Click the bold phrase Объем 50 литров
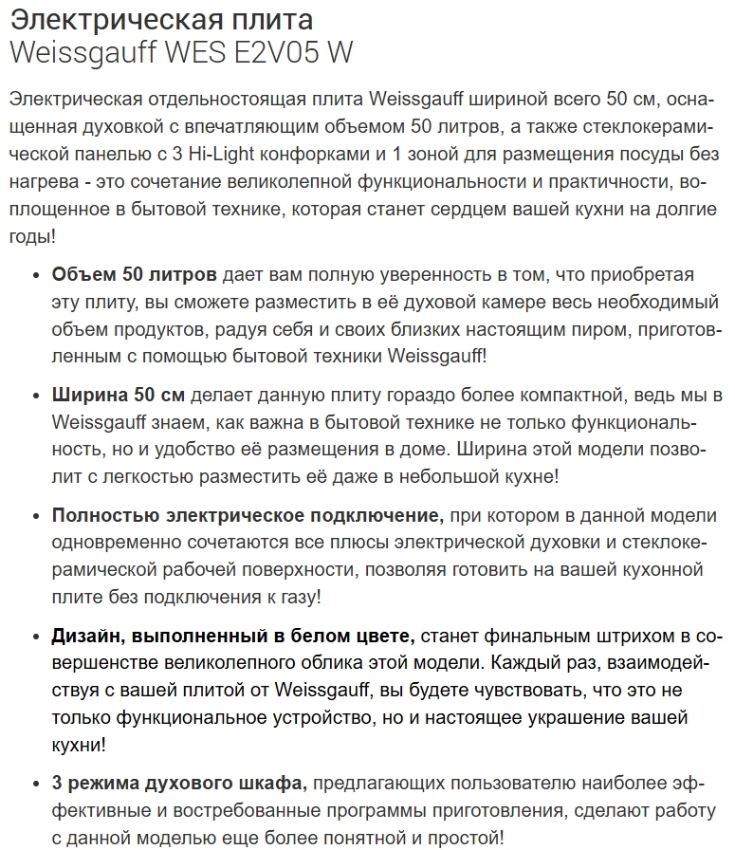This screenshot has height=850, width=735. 135,275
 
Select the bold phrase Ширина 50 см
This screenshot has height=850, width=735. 119,395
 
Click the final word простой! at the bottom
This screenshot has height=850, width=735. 465,838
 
